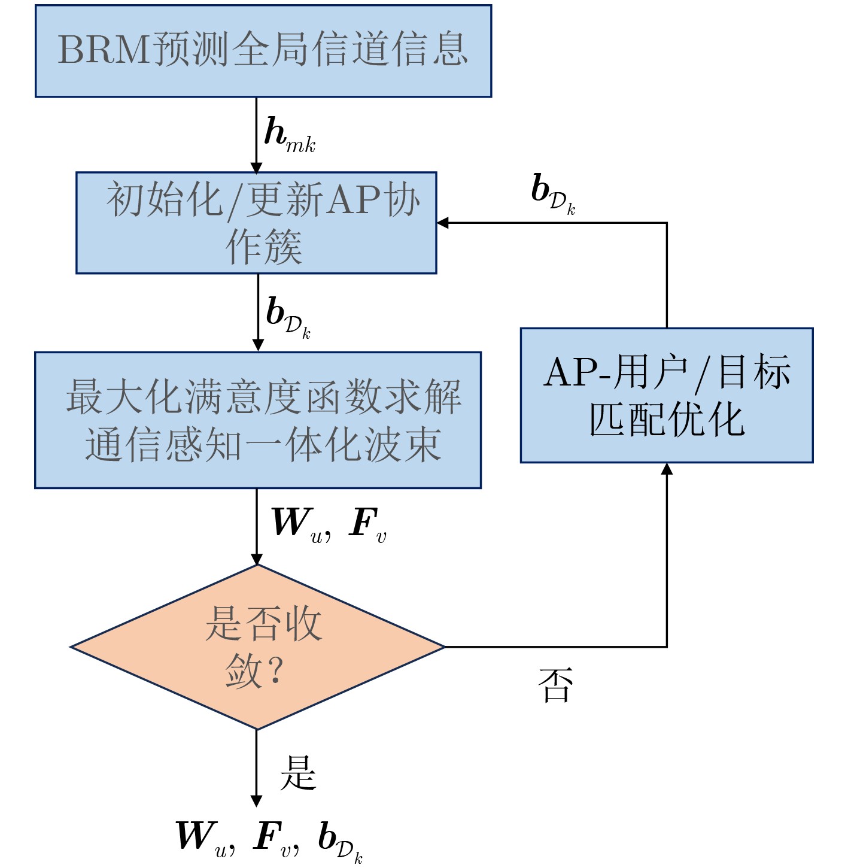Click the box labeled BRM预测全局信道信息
click(x=263, y=51)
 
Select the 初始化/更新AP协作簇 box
click(x=256, y=223)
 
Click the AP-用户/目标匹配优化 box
click(x=667, y=395)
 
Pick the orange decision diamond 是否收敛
click(x=257, y=647)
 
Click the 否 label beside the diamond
click(x=555, y=685)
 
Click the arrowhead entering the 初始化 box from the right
click(x=443, y=223)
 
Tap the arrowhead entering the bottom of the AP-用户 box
click(x=667, y=469)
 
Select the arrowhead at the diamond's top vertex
click(x=257, y=560)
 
